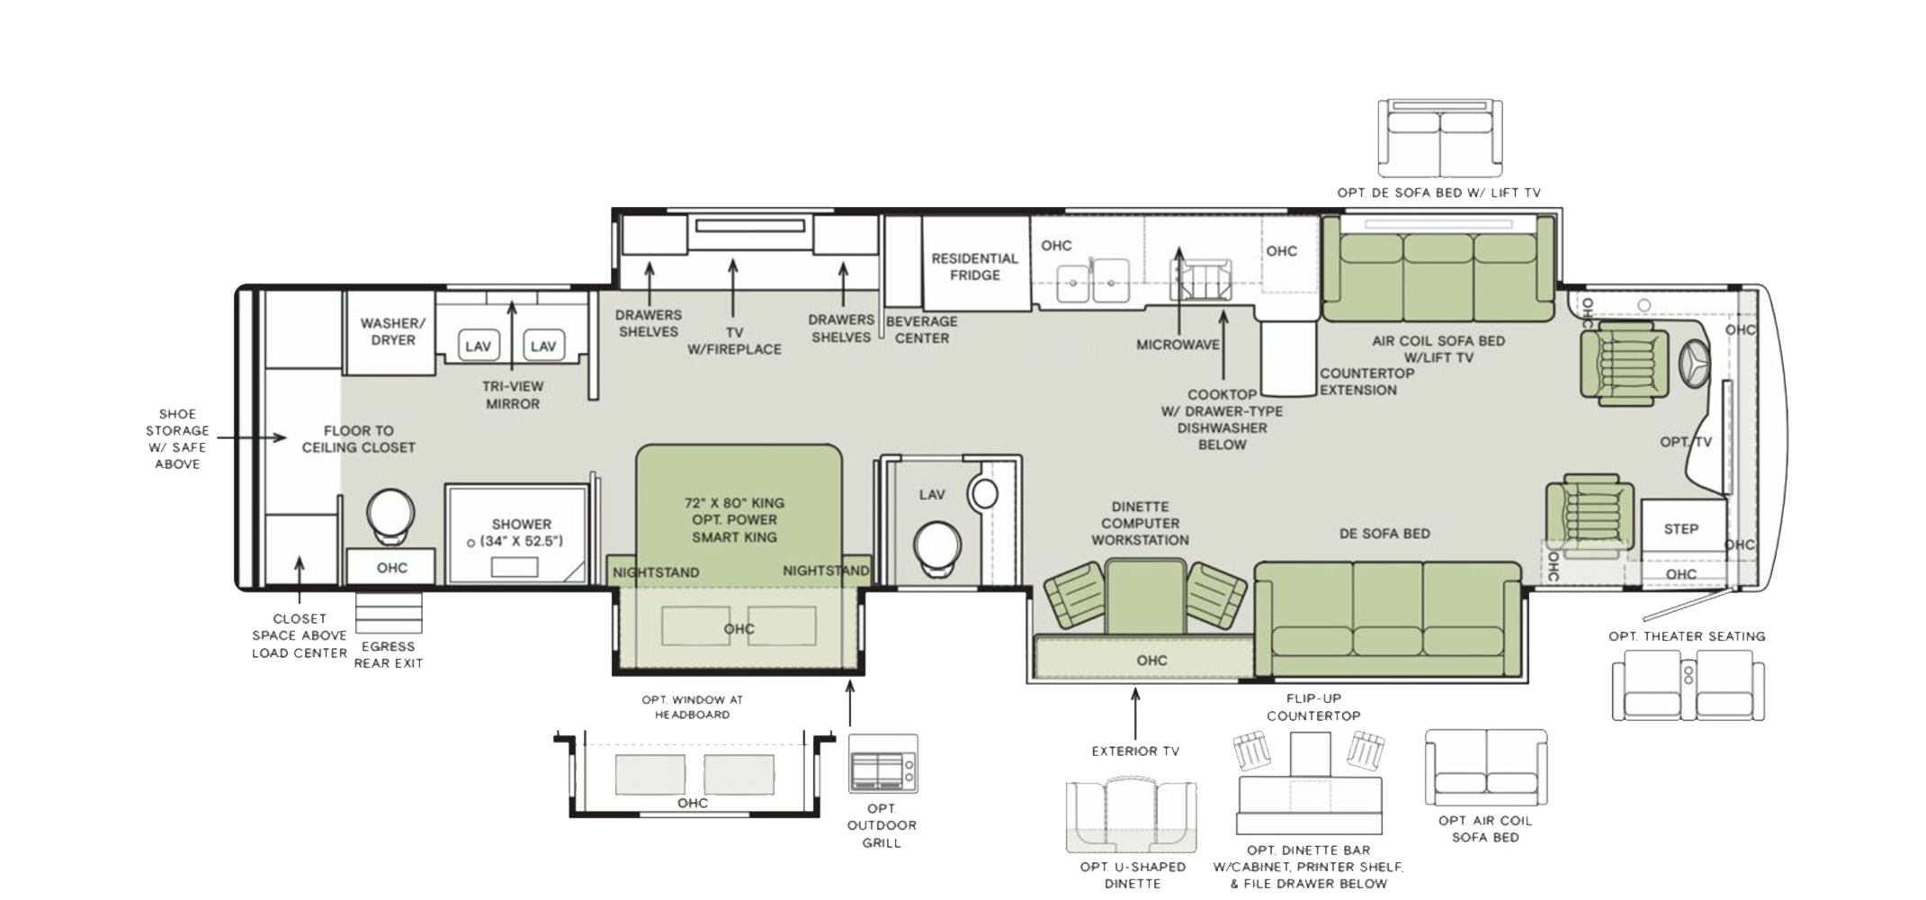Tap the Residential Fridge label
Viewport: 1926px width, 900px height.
[975, 266]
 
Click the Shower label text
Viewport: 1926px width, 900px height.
[522, 524]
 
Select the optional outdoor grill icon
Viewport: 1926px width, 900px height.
[883, 763]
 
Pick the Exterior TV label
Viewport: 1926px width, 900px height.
[1135, 751]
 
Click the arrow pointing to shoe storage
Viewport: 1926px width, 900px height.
[252, 438]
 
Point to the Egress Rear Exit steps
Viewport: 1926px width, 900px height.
[389, 612]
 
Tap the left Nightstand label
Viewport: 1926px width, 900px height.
[656, 572]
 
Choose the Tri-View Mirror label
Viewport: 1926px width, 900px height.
[513, 395]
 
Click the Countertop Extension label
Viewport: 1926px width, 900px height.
[1366, 382]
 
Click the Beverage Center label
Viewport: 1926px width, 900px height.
[922, 329]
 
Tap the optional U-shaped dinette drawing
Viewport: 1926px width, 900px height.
[1132, 816]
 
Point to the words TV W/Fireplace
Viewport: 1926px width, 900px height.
[734, 341]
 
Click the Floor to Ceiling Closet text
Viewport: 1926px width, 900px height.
[358, 439]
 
